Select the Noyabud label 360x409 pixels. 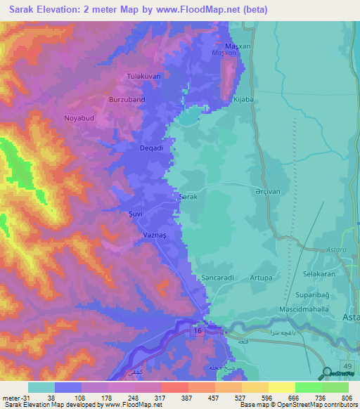79,118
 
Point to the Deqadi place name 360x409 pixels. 150,148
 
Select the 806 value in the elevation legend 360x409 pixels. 347,397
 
